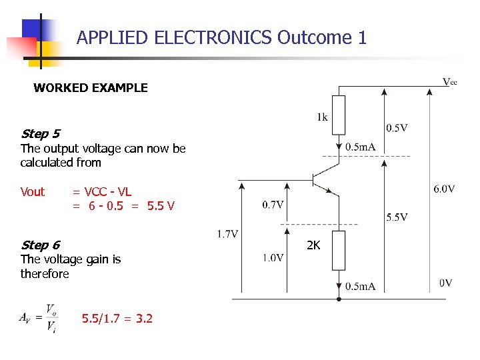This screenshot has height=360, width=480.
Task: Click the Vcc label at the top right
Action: click(450, 82)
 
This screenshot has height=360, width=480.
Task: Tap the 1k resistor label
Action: click(322, 117)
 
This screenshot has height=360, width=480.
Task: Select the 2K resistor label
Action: click(313, 245)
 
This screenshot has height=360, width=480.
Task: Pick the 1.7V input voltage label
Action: click(228, 234)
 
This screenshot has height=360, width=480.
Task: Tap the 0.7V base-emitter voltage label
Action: click(273, 205)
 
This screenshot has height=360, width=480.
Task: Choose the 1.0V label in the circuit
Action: click(273, 258)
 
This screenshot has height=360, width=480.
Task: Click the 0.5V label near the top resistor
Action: click(397, 127)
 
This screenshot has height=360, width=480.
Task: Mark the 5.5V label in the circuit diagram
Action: click(397, 217)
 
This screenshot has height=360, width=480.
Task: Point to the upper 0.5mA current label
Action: click(361, 147)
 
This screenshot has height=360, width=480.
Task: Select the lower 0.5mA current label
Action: click(361, 287)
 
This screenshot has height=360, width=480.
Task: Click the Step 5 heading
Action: click(40, 134)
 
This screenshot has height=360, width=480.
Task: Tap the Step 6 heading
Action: click(40, 245)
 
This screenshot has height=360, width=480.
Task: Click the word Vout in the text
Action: click(33, 192)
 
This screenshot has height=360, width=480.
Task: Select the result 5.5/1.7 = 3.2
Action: click(117, 319)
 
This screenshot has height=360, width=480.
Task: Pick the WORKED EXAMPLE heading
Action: click(91, 87)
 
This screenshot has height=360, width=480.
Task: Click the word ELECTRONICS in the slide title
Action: click(213, 37)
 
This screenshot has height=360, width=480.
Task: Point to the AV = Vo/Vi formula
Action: click(39, 319)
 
